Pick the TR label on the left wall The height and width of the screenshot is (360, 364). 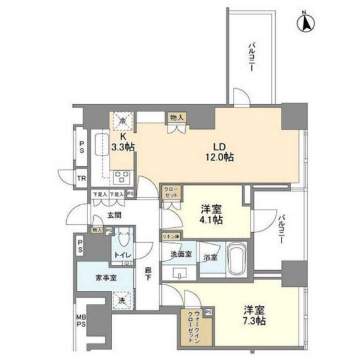pyautogui.click(x=82, y=179)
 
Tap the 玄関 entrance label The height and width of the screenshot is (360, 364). pyautogui.click(x=113, y=215)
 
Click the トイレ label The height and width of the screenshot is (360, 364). pyautogui.click(x=122, y=255)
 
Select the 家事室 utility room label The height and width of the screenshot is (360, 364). pyautogui.click(x=105, y=278)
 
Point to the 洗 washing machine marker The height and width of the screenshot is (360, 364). pyautogui.click(x=122, y=301)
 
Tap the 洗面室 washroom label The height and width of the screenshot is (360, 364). pyautogui.click(x=181, y=257)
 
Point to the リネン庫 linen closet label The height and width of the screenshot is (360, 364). pyautogui.click(x=171, y=236)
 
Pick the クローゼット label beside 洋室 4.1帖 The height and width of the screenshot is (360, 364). pyautogui.click(x=171, y=192)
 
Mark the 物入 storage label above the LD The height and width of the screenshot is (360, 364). pyautogui.click(x=176, y=117)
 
